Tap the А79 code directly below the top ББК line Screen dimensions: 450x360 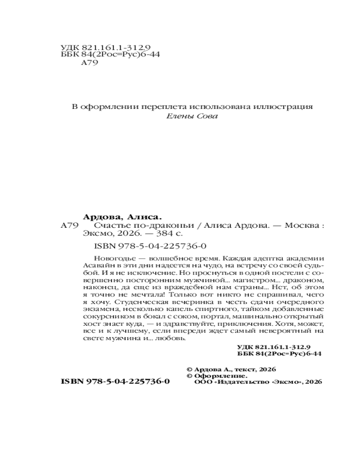click(x=89, y=63)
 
